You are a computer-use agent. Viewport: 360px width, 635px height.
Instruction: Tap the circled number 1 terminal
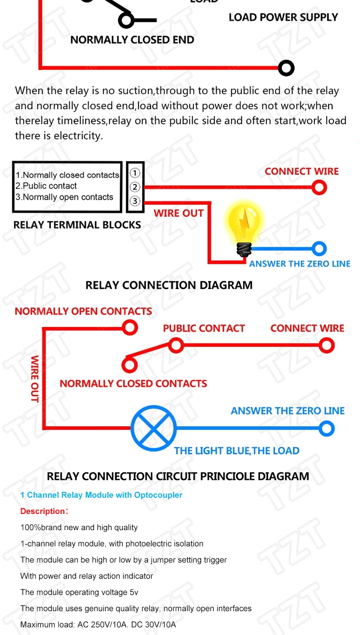[135, 173]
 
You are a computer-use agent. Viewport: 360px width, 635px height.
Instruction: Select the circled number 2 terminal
[135, 187]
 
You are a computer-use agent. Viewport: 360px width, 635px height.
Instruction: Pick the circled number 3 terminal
[135, 201]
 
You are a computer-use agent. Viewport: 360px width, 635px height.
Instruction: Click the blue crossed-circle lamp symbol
[153, 428]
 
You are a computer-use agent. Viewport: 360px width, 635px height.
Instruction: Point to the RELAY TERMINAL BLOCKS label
[77, 225]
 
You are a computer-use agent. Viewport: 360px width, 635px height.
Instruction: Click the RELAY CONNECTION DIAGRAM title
[169, 285]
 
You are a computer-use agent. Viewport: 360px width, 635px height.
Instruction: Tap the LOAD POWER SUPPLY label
[283, 18]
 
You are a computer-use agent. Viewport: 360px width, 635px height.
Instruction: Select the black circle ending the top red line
[286, 68]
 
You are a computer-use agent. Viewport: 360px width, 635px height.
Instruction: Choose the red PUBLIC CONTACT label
[204, 329]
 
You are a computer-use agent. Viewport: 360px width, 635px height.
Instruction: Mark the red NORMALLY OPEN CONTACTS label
[83, 311]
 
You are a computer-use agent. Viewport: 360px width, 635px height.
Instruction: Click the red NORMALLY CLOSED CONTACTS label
[133, 384]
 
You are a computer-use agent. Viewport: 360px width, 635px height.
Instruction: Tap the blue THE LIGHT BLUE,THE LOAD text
[237, 451]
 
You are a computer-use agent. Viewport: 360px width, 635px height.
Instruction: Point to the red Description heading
[43, 511]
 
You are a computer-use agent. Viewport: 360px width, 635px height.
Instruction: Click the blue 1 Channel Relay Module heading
[101, 495]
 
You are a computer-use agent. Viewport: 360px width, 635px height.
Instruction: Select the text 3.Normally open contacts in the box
[64, 197]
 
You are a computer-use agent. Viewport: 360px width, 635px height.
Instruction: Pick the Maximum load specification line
[98, 625]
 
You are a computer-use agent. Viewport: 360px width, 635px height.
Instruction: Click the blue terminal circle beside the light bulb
[319, 248]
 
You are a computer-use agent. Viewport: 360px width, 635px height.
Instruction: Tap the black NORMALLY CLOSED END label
[132, 40]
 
